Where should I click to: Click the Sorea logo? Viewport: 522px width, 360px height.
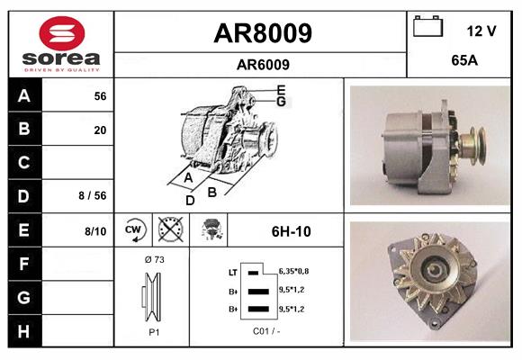(60, 43)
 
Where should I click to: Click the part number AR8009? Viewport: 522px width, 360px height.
(262, 33)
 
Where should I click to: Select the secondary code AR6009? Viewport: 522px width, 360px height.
(262, 64)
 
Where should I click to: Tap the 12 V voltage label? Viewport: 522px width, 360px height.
(481, 31)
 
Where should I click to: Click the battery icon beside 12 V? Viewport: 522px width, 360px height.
(429, 28)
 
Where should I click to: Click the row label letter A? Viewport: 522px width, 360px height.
(23, 95)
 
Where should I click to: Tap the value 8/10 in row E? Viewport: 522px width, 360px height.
(94, 231)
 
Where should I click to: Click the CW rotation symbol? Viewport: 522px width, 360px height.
(134, 230)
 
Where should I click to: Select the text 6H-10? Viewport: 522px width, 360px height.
(291, 231)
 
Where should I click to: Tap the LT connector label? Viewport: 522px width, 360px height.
(232, 271)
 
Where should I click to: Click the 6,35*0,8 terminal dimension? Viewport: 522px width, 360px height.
(294, 270)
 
